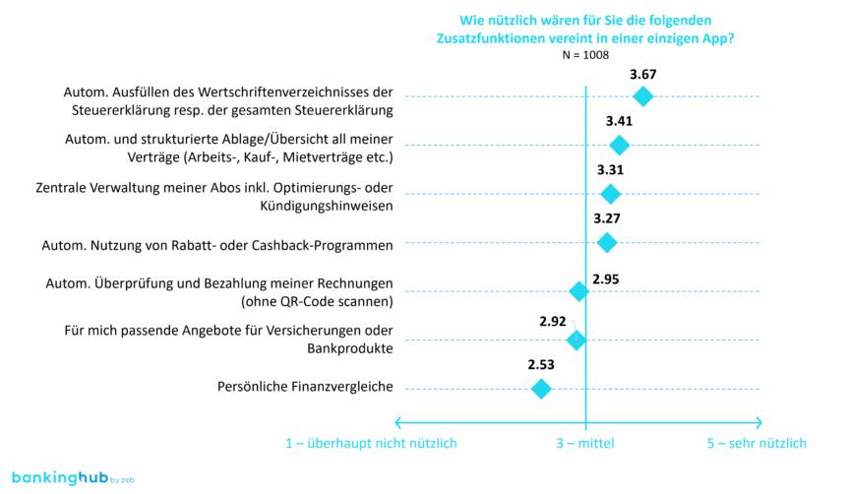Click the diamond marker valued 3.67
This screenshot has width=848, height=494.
(642, 95)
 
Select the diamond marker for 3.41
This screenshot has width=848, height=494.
(619, 146)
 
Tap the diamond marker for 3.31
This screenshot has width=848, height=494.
(610, 194)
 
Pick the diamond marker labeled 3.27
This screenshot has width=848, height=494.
(607, 242)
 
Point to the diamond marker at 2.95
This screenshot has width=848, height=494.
(579, 291)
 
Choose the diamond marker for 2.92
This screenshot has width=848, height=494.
(576, 340)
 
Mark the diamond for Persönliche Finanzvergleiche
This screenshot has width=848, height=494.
(540, 389)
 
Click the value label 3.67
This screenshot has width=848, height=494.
(642, 74)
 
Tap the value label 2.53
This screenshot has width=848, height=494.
(540, 365)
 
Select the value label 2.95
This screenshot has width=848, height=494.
(606, 279)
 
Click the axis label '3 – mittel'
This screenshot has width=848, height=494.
(584, 444)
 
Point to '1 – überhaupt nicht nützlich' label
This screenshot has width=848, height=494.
(371, 444)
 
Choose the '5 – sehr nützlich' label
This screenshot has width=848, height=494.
(757, 444)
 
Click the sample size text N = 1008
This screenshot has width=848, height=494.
(585, 56)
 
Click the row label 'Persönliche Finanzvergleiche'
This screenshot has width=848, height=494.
(305, 387)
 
